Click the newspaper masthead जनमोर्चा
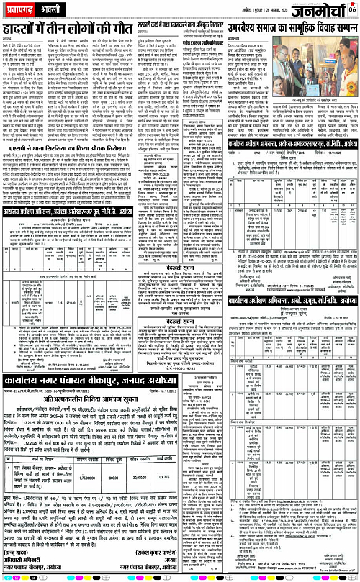(x=316, y=10)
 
